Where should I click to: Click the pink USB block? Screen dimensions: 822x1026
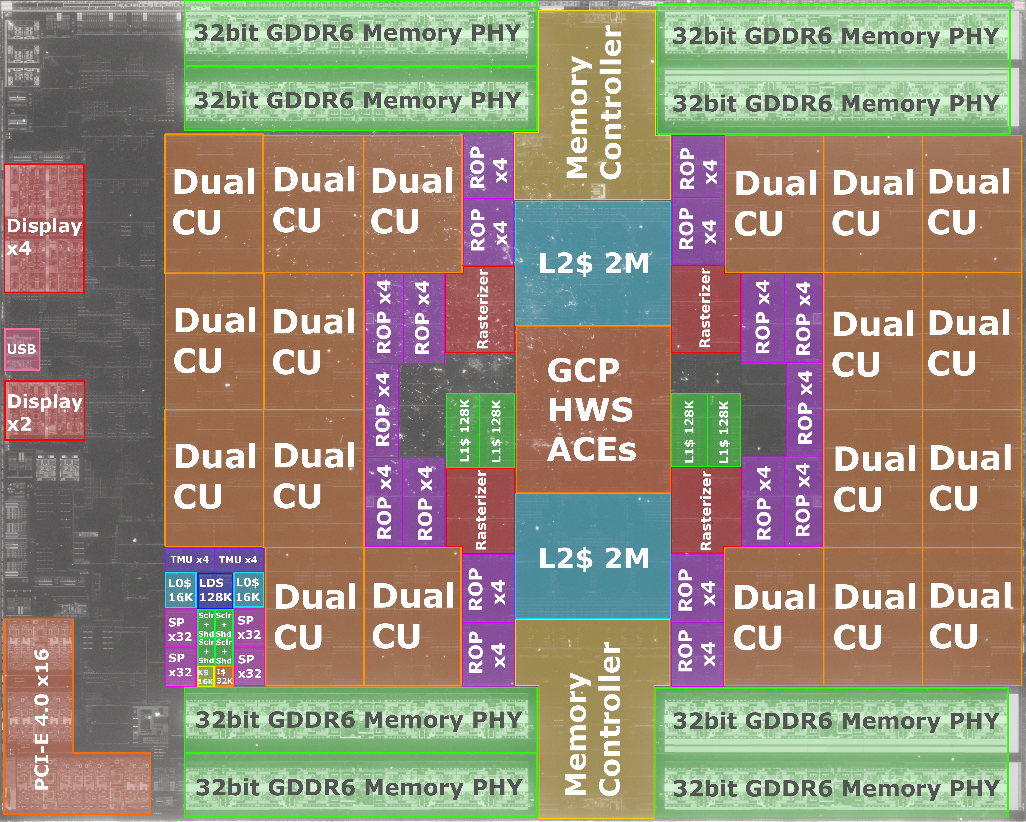[22, 349]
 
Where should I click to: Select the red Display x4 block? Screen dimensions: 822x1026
[44, 228]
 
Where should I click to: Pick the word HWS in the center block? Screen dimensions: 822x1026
[590, 410]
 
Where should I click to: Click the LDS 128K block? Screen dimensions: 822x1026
[215, 590]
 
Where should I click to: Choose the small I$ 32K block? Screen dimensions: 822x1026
[224, 676]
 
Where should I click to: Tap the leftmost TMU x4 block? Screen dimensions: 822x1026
[189, 560]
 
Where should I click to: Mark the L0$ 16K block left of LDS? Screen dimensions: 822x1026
[180, 590]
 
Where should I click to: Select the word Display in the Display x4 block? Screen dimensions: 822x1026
[44, 226]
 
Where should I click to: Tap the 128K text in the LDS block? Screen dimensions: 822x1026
[215, 597]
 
